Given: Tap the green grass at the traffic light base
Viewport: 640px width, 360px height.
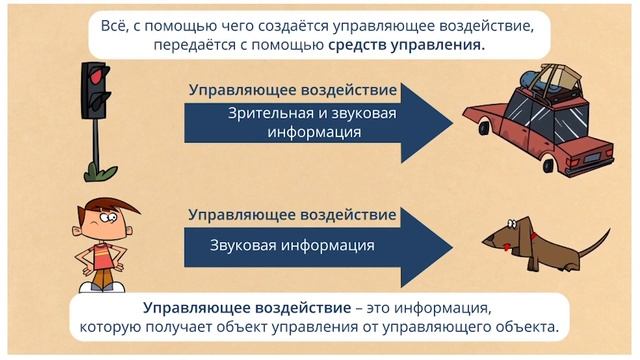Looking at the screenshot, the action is point(96,173).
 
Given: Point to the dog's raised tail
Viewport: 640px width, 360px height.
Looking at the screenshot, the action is point(596,238).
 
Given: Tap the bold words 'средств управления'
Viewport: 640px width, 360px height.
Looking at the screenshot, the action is point(421,46).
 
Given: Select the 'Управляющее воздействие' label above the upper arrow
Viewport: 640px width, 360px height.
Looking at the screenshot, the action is point(293,90).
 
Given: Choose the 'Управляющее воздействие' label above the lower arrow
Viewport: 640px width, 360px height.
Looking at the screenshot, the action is point(293,214).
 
